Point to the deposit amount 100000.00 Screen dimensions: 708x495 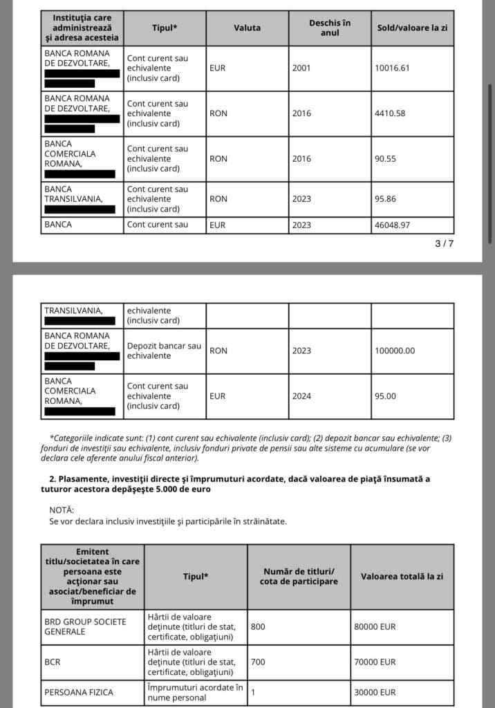coord(395,351)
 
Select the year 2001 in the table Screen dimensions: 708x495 coord(302,68)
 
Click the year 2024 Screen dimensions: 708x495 coord(302,396)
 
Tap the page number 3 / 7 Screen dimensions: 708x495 coord(445,243)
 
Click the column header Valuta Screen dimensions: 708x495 coord(247,28)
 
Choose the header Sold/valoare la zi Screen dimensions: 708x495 coord(412,28)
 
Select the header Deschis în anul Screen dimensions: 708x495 coord(330,28)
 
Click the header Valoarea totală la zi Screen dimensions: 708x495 coord(402,577)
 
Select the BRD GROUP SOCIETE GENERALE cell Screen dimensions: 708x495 coord(85,626)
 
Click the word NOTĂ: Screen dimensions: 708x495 coord(62,509)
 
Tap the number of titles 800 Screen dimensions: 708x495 coord(259,626)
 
